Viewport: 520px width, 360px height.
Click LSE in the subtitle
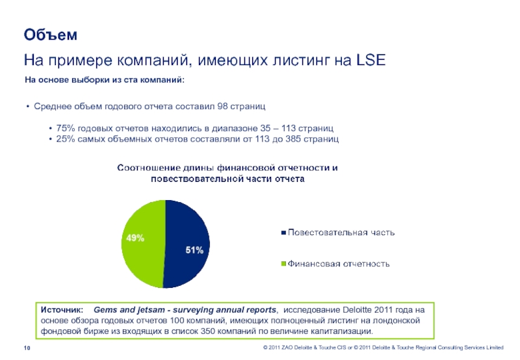[x=371, y=60]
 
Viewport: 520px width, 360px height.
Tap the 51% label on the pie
[x=194, y=250]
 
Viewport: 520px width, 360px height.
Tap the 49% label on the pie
[x=135, y=238]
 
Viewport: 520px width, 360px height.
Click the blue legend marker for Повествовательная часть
[x=283, y=232]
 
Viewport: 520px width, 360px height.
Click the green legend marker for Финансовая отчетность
[x=283, y=264]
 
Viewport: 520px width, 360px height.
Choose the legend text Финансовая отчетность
[x=339, y=264]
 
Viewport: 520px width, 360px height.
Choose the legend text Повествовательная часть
[x=341, y=232]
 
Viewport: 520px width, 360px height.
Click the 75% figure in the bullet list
[x=67, y=129]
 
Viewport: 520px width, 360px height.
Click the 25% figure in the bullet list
[x=67, y=140]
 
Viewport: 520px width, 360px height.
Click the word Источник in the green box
[x=62, y=310]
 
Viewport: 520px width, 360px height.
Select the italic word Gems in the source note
[x=106, y=310]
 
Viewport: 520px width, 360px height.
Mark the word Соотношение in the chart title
[x=148, y=168]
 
